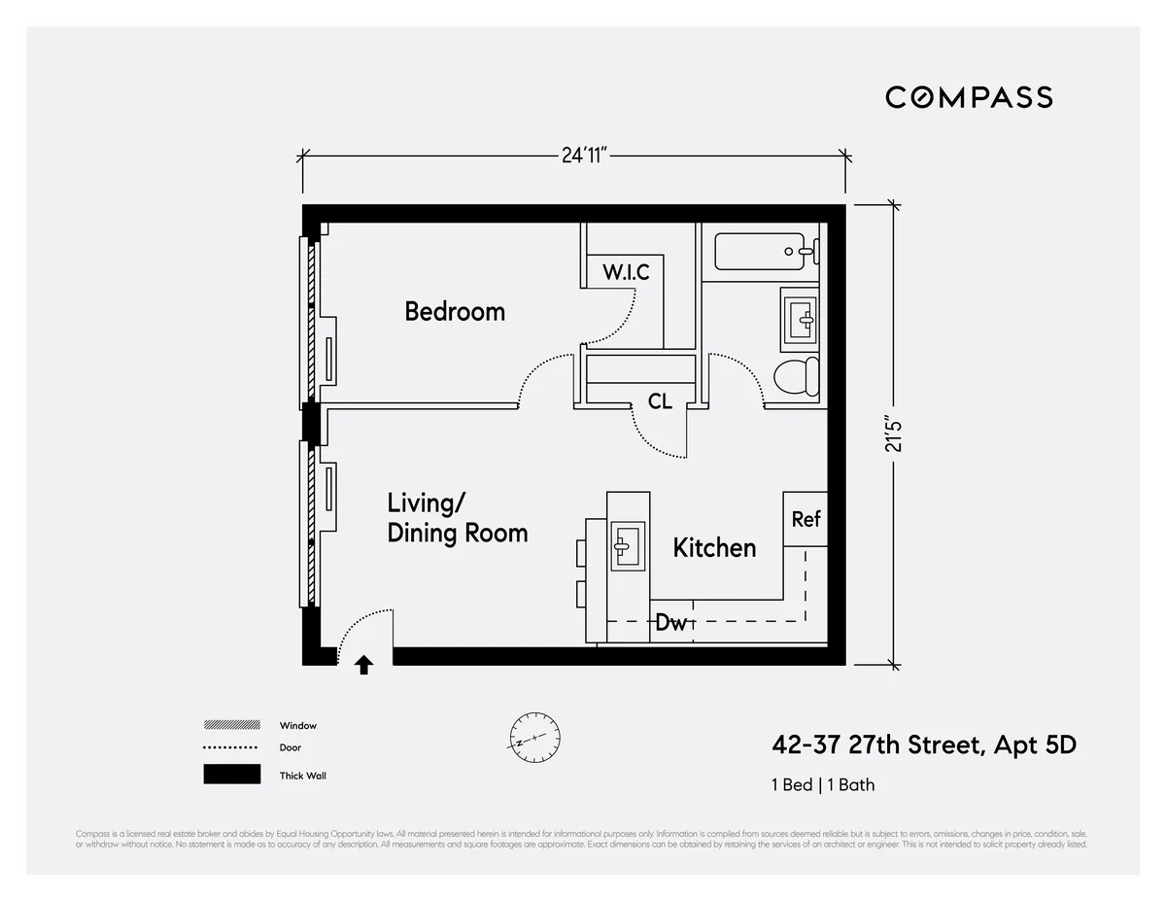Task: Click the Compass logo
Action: [969, 97]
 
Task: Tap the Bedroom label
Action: [455, 312]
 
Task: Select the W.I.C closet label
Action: [626, 272]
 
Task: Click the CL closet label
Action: [660, 400]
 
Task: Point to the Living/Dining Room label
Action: [457, 518]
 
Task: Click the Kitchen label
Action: [714, 548]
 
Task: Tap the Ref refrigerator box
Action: [806, 519]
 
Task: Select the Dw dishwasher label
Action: [670, 623]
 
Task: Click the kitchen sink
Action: [627, 546]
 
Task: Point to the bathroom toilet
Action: [799, 376]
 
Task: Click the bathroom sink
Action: [803, 317]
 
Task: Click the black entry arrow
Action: [364, 665]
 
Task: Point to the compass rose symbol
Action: [533, 738]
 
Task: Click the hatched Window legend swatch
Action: [231, 725]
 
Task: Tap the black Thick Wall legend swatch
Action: [231, 775]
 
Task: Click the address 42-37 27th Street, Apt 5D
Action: [924, 745]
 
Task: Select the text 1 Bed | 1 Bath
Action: [823, 784]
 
